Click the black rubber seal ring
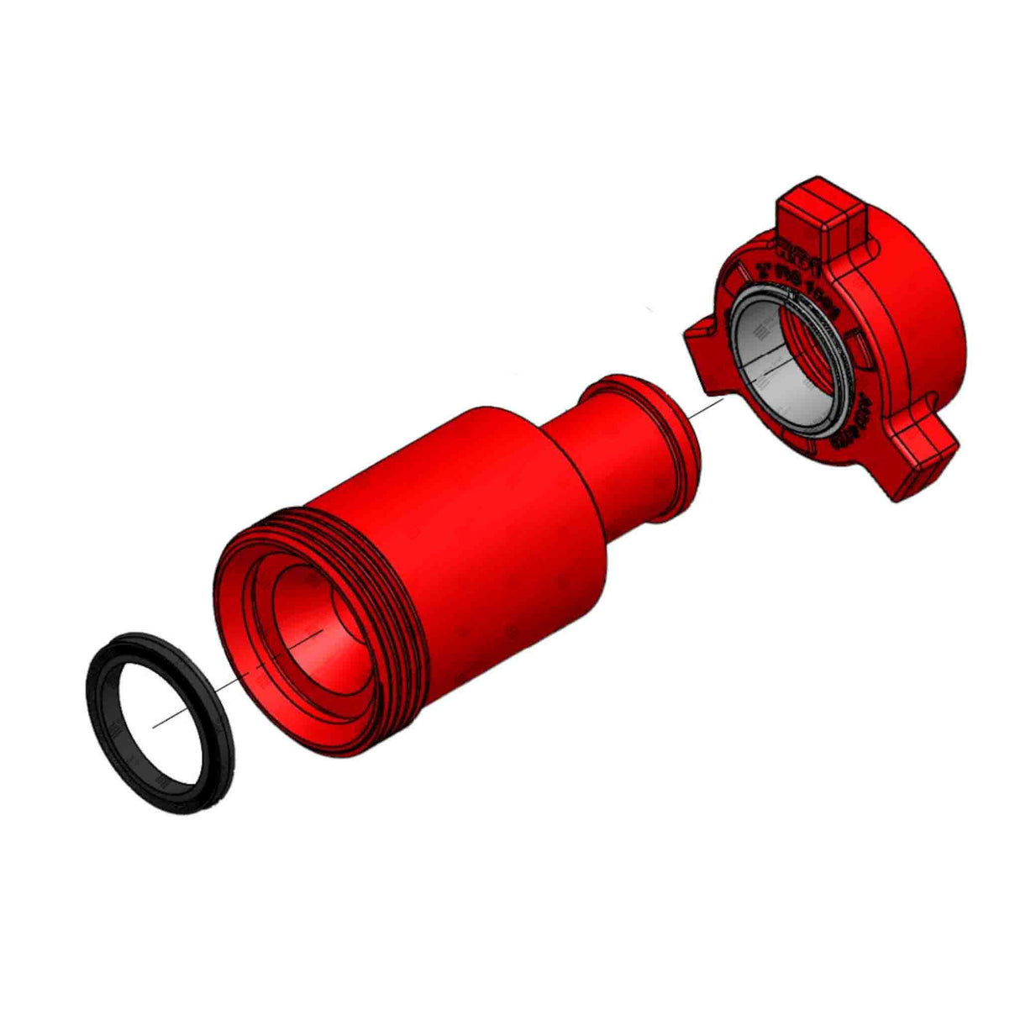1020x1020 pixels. coord(105,723)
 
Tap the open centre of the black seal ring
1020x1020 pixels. coord(160,723)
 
